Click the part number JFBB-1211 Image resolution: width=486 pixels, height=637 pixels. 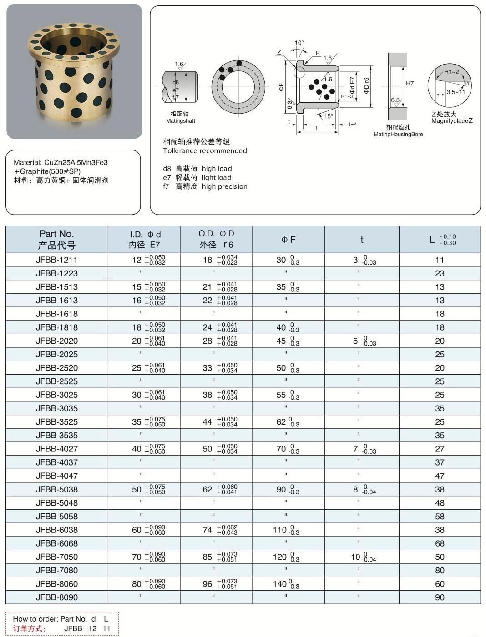[x=56, y=260]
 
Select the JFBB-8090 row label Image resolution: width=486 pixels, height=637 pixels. [x=56, y=597]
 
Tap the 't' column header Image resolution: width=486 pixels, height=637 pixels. [x=362, y=240]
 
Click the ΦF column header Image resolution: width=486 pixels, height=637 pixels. [x=289, y=240]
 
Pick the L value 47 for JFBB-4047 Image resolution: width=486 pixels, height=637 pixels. [x=440, y=476]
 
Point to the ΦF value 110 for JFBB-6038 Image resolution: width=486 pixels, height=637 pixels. [x=280, y=530]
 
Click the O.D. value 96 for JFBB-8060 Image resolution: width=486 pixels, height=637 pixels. [x=208, y=584]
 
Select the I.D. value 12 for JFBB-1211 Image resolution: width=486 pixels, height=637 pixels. [x=137, y=260]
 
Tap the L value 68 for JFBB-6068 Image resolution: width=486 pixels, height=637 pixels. [x=440, y=543]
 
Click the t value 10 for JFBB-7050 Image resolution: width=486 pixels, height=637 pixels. [x=355, y=557]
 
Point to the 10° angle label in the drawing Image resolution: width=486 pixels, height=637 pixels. [x=299, y=43]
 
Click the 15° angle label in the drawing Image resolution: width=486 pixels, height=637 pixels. [x=329, y=116]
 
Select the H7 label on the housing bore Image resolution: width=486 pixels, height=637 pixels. [x=410, y=83]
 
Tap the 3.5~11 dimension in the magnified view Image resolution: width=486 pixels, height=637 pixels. [x=456, y=92]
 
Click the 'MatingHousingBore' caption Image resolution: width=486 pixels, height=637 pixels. [x=398, y=134]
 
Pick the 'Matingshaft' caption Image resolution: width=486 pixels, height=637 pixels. [x=181, y=121]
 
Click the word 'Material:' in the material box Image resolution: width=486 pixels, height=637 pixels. [x=27, y=162]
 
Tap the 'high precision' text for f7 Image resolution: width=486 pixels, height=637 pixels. [x=224, y=186]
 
